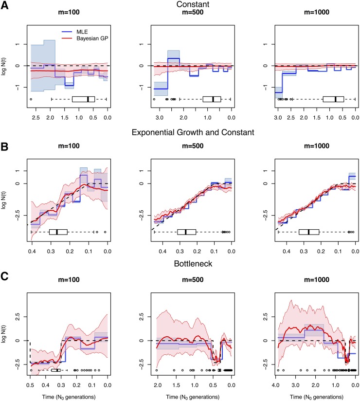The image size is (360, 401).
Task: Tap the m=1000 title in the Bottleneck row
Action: tap(316, 280)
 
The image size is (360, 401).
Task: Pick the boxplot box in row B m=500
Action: tap(187, 232)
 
